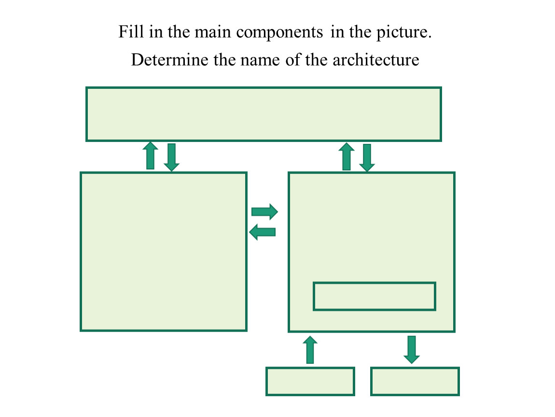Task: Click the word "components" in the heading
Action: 279,33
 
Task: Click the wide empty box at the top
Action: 264,114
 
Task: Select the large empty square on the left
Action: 164,251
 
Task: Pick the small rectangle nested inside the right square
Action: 375,296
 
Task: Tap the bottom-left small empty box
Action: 310,381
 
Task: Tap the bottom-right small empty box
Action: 415,381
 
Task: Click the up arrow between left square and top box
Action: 151,156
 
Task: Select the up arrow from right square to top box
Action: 346,156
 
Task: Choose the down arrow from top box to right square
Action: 367,157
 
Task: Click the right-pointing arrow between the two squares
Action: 264,211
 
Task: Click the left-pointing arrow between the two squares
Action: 263,232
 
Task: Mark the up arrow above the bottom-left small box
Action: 310,349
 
